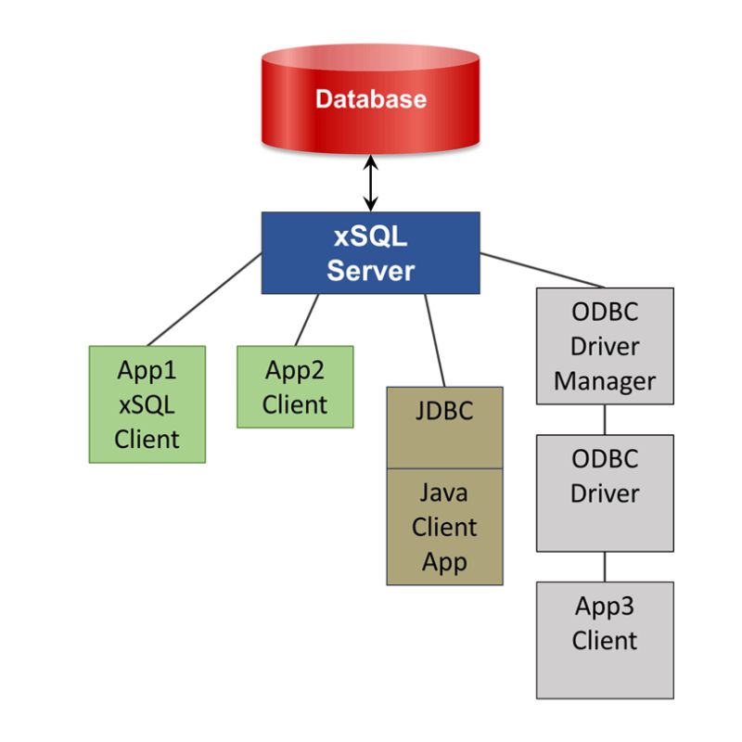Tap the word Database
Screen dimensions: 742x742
tap(370, 99)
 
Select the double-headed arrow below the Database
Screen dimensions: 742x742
tap(371, 184)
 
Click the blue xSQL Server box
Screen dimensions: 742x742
tap(370, 252)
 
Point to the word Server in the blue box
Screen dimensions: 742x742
tap(370, 271)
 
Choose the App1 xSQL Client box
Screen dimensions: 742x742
tap(147, 403)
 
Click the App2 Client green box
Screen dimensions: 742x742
tap(295, 387)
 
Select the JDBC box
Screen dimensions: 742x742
tap(444, 427)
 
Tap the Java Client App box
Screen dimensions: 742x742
tap(444, 526)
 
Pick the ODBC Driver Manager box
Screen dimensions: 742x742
tap(605, 345)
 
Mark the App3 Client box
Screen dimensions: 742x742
tap(605, 639)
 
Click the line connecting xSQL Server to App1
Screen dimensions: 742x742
tap(204, 299)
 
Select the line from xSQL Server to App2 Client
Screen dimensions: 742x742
tap(307, 319)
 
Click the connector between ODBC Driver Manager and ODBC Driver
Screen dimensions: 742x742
tap(605, 418)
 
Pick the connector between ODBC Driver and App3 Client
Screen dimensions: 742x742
tap(605, 566)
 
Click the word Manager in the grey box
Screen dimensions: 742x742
tap(605, 380)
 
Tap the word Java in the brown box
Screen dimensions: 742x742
tap(444, 493)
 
